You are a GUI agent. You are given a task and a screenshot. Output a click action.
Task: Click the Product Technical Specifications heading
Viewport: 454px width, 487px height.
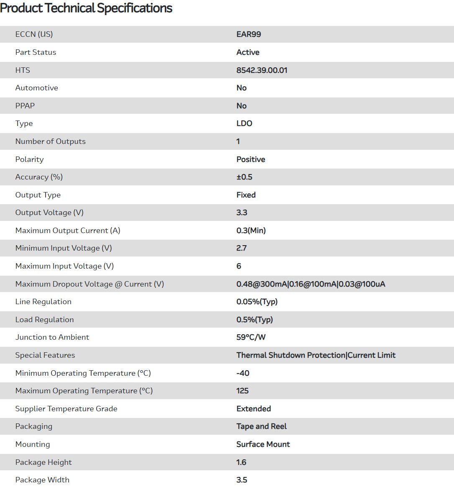[x=86, y=8]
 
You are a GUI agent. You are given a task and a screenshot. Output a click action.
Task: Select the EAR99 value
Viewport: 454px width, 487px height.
[x=249, y=34]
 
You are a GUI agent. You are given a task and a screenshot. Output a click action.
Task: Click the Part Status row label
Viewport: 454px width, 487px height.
[x=36, y=52]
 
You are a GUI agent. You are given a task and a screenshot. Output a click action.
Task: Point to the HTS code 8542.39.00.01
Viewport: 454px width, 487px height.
[x=262, y=70]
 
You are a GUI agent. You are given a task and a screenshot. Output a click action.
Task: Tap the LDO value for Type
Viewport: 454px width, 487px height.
[x=244, y=123]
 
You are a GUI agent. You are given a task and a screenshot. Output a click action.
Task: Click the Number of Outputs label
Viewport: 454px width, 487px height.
[x=50, y=141]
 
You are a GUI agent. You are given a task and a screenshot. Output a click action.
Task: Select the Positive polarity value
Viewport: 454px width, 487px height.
[x=251, y=159]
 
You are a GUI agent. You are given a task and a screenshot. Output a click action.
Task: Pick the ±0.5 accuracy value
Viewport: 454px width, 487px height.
[x=244, y=177]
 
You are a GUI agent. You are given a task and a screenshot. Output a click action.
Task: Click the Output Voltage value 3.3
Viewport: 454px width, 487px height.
[x=242, y=213]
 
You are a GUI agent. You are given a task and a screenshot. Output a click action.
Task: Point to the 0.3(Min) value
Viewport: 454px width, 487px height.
[x=251, y=231]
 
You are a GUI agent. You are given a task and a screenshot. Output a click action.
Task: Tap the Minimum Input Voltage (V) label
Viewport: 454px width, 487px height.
[x=64, y=248]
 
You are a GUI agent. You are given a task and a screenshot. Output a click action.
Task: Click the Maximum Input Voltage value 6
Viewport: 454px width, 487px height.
[x=239, y=266]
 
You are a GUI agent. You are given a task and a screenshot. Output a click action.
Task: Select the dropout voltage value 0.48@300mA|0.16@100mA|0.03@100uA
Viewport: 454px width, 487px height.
[x=311, y=284]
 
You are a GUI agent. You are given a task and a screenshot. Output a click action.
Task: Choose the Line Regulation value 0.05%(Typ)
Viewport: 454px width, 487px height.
[x=257, y=302]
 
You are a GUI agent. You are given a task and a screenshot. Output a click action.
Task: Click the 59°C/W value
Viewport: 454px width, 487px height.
[x=251, y=337]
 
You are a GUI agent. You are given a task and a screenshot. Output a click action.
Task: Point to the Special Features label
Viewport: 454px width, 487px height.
[x=45, y=355]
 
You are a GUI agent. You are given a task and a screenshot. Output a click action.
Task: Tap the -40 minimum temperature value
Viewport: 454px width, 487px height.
[x=243, y=373]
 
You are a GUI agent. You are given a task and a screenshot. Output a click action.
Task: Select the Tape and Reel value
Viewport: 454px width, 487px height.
[x=262, y=426]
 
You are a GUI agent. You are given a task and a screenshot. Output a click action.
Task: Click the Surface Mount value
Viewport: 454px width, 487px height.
[x=263, y=444]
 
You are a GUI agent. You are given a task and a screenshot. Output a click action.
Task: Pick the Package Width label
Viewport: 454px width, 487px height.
[x=42, y=480]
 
